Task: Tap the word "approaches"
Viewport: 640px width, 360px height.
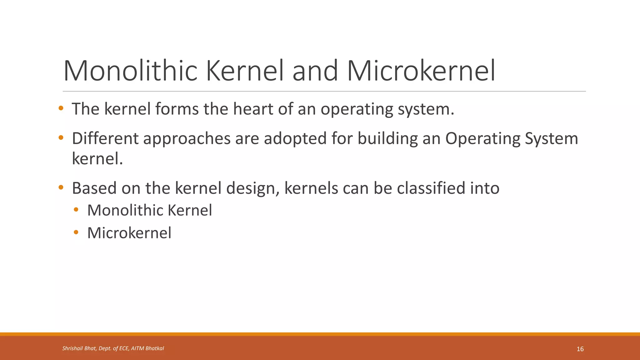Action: tap(187, 139)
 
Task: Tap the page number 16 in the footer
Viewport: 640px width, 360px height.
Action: tap(580, 349)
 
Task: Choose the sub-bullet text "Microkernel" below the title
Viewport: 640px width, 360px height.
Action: tap(129, 233)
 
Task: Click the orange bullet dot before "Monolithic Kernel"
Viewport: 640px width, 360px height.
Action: tap(76, 210)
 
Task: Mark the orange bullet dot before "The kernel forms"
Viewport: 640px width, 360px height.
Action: tap(61, 108)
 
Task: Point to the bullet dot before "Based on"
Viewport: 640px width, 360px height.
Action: tap(61, 188)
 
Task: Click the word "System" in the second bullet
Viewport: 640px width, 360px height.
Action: tap(552, 139)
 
